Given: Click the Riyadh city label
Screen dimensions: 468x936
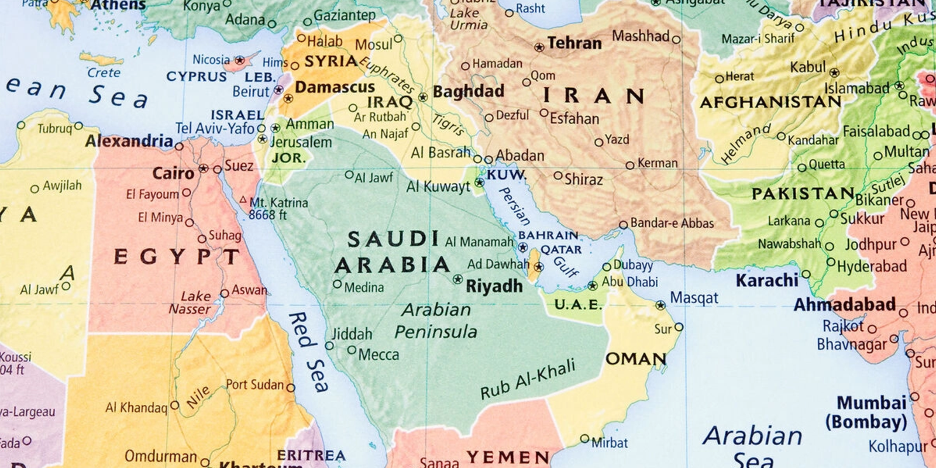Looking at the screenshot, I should click(x=494, y=286).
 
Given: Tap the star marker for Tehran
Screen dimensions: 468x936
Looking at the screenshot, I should click(x=539, y=47).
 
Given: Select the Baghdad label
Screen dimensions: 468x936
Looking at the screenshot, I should click(x=468, y=91).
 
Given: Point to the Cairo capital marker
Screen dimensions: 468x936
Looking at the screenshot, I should click(x=204, y=168).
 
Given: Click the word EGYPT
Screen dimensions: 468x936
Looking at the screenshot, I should click(x=177, y=256).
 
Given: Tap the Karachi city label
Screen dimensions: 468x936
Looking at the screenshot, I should click(x=766, y=280).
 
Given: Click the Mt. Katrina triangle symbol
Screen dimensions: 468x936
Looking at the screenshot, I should click(x=243, y=200).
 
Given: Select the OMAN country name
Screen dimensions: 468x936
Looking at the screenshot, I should click(x=636, y=359).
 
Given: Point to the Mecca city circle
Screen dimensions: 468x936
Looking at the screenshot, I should click(x=352, y=350).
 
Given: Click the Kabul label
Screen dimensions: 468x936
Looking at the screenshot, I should click(x=807, y=67).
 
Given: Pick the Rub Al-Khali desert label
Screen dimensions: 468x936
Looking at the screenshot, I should click(x=528, y=380).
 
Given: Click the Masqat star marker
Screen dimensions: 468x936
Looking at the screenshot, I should click(x=660, y=305).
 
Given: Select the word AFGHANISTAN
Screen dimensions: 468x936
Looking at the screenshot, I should click(x=770, y=102).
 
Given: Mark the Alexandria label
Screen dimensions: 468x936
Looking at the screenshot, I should click(x=129, y=141).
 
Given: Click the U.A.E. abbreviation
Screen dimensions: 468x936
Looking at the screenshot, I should click(x=577, y=304).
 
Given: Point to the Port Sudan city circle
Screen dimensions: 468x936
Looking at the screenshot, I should click(x=291, y=388).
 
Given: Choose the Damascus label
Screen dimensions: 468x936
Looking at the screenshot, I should click(x=335, y=87).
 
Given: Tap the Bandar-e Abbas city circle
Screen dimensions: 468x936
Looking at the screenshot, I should click(x=623, y=225).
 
